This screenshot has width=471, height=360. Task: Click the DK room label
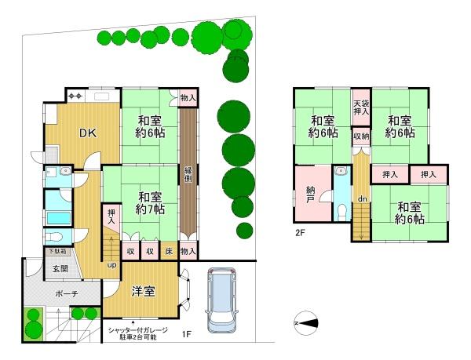(x=87, y=133)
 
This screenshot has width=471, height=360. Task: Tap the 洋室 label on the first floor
(x=143, y=291)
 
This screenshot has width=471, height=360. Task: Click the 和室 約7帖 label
(x=149, y=203)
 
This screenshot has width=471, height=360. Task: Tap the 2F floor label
(x=300, y=233)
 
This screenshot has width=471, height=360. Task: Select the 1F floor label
(x=186, y=335)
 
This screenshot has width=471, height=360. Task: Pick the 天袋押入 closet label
(x=360, y=108)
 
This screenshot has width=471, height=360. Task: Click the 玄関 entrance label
(x=60, y=269)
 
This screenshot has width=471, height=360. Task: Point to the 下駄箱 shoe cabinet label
(x=55, y=251)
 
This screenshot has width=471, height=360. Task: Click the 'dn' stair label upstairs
(x=361, y=199)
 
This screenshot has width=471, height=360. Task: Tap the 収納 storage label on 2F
(x=360, y=136)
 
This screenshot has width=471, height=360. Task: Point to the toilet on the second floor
(x=341, y=210)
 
